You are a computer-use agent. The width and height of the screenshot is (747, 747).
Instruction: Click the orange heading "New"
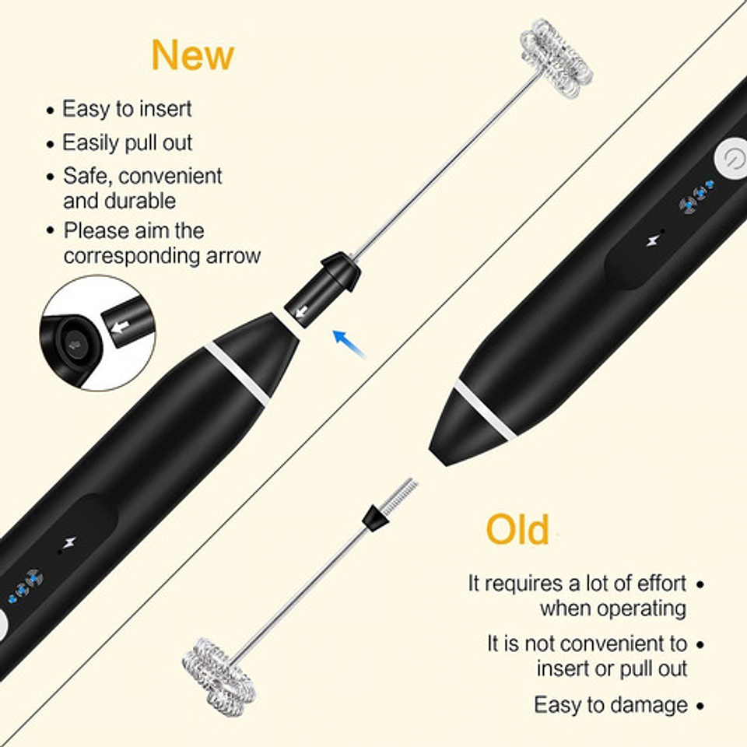(x=192, y=54)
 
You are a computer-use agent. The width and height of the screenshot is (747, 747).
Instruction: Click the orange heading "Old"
(x=517, y=529)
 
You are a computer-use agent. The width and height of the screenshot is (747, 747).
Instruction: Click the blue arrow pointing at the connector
(x=349, y=343)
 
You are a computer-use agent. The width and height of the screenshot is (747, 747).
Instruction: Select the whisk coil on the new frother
(x=556, y=58)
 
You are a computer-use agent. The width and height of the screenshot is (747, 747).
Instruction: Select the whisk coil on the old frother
(x=219, y=677)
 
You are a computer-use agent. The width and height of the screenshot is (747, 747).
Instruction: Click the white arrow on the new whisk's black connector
(x=302, y=312)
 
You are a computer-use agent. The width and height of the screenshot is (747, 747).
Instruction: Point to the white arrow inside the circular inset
(x=121, y=327)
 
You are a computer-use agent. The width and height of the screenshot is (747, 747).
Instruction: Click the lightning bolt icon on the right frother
(x=652, y=240)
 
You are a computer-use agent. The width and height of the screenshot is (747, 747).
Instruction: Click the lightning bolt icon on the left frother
(x=70, y=542)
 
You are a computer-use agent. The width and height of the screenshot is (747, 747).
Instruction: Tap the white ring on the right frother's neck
(x=485, y=410)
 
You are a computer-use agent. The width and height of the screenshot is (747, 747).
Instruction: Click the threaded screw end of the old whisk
(x=399, y=496)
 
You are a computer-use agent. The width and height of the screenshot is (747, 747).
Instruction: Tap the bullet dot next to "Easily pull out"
(x=51, y=144)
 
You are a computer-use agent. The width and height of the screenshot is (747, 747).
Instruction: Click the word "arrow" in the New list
(x=233, y=256)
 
